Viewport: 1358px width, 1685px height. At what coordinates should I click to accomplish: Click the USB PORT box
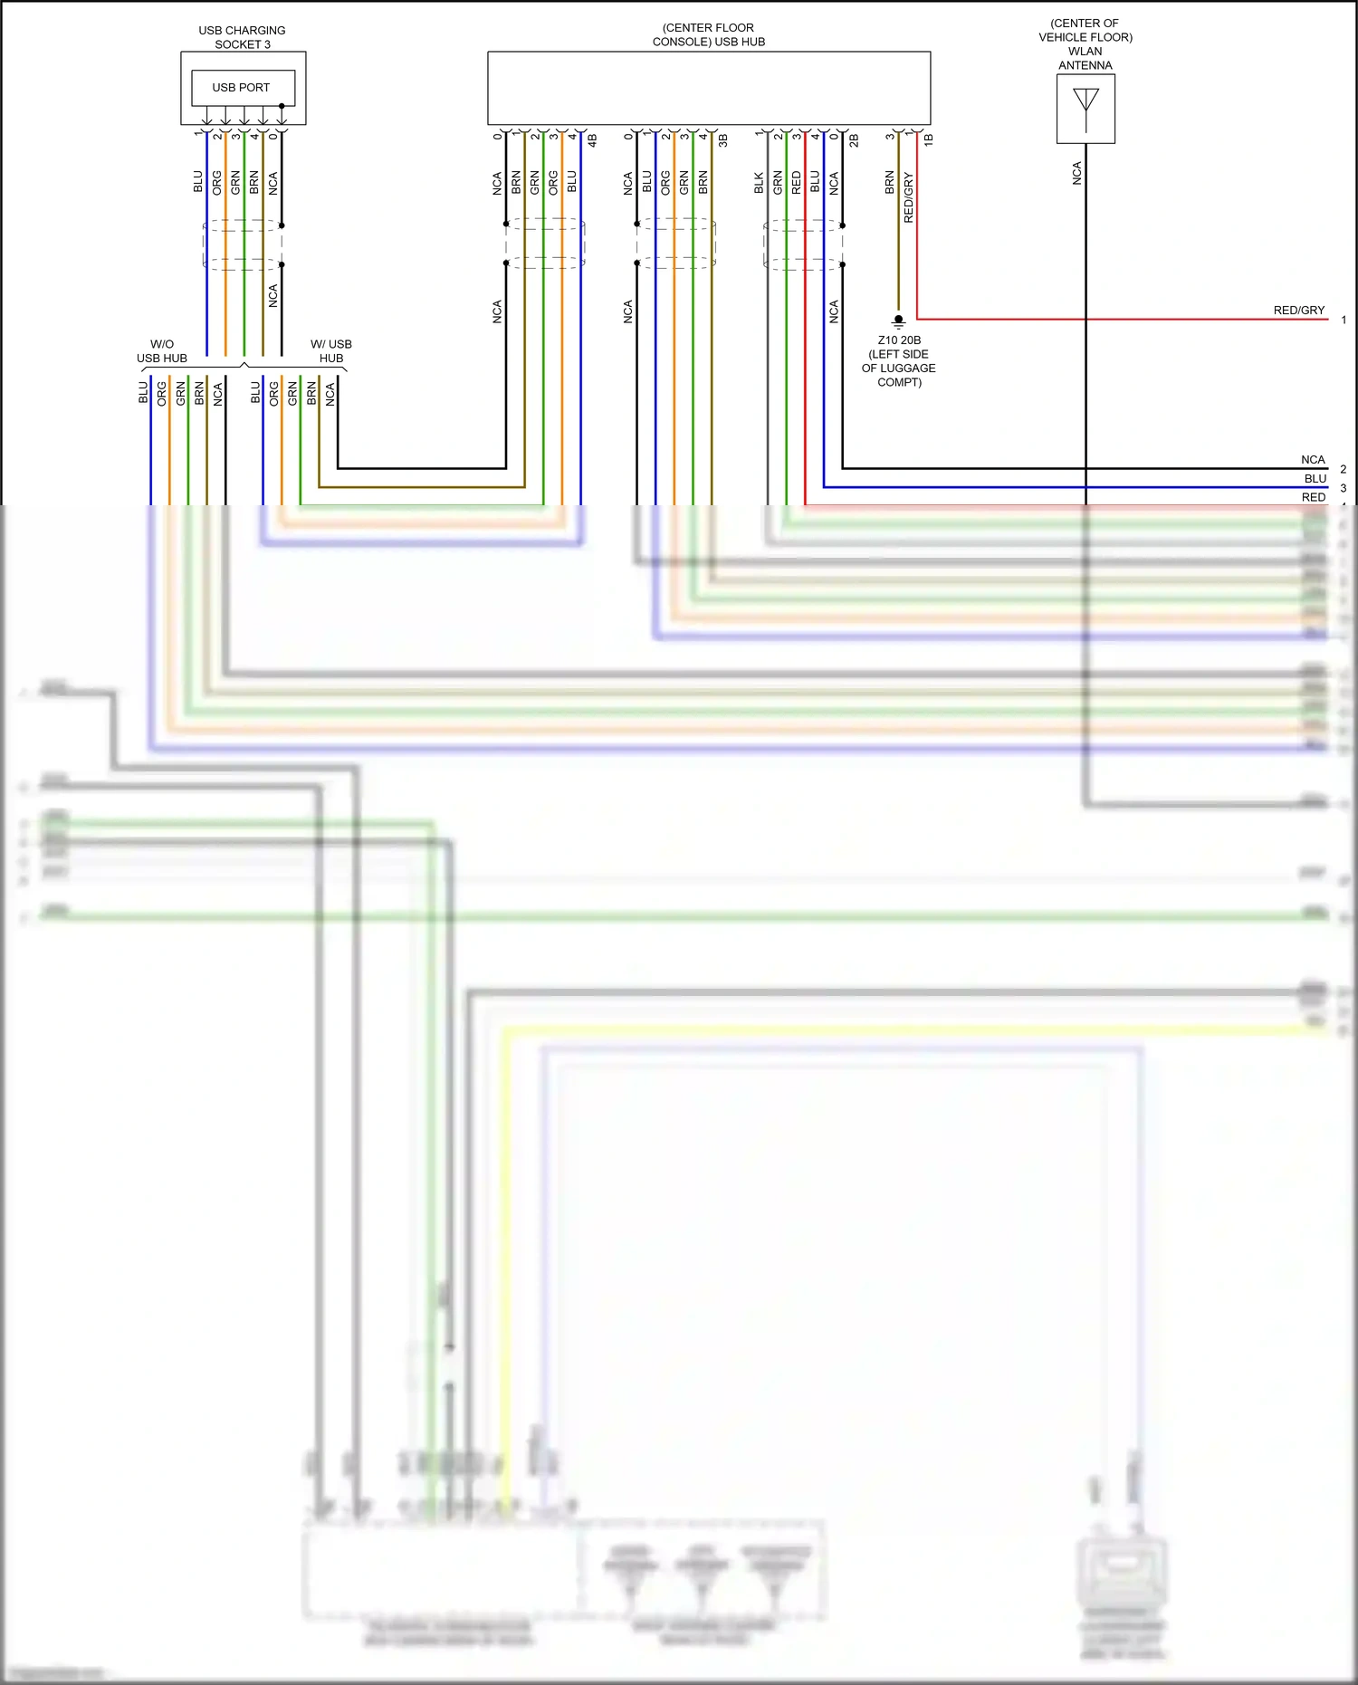coord(243,88)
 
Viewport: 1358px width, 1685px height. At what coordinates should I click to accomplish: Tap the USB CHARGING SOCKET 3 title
coord(242,37)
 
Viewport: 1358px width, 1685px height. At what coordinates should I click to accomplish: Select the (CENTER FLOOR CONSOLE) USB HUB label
coord(708,34)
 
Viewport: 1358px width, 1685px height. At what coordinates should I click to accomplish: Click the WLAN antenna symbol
coord(1085,108)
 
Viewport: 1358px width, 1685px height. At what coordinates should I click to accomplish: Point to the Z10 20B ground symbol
coord(898,321)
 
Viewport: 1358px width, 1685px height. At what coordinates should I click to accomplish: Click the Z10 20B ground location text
coord(899,361)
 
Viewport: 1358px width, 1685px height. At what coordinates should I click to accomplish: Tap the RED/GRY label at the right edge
coord(1298,311)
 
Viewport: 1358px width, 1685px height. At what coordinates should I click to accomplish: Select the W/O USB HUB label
coord(162,351)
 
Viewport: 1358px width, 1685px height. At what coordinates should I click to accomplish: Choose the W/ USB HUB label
coord(331,351)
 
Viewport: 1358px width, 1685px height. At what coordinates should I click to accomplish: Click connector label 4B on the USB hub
coord(593,140)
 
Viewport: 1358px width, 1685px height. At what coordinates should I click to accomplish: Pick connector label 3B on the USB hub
coord(723,140)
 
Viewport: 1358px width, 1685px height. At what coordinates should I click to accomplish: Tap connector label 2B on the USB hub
coord(854,140)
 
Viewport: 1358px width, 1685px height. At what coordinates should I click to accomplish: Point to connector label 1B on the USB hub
coord(929,139)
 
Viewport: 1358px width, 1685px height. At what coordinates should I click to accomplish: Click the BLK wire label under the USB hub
coord(759,184)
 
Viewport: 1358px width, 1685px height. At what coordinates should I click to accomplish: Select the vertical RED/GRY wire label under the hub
coord(909,197)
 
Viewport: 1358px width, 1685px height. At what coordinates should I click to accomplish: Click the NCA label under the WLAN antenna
coord(1076,174)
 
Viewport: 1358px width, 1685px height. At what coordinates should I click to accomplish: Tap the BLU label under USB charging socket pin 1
coord(198,182)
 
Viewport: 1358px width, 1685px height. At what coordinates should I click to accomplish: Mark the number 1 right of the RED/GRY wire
coord(1344,320)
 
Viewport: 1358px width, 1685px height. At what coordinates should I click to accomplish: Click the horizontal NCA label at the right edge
coord(1313,460)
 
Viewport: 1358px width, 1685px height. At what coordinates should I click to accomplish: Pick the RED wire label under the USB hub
coord(797,183)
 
